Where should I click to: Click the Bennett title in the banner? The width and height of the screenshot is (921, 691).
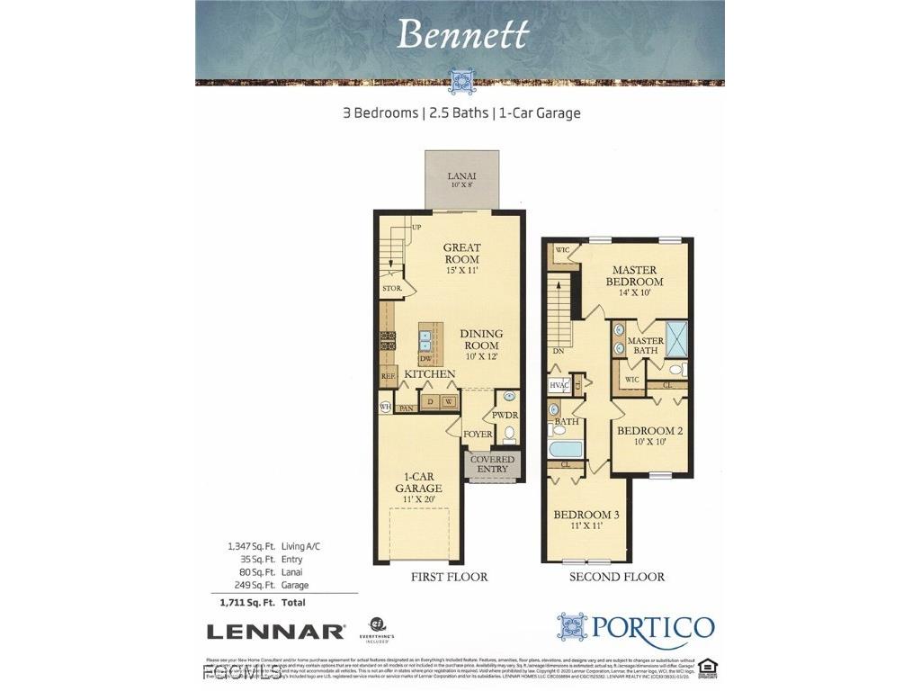click(x=463, y=34)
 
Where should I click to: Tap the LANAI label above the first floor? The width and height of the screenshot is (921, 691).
click(x=463, y=176)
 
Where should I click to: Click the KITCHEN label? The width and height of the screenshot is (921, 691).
click(x=429, y=373)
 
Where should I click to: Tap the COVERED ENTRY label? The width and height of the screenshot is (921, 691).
click(x=492, y=464)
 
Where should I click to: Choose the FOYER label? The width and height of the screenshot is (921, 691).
click(x=478, y=435)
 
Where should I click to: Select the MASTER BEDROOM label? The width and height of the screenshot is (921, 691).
click(x=634, y=275)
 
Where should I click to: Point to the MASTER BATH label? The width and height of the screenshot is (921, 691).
click(x=646, y=345)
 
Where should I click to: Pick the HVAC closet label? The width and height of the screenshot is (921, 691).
click(x=559, y=385)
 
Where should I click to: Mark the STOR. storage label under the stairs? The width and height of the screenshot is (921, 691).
click(x=392, y=289)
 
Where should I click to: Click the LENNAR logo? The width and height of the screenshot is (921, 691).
click(x=275, y=632)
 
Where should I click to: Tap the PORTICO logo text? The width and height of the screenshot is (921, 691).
click(x=654, y=626)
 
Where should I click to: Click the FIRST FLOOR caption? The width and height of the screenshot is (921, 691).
click(x=449, y=577)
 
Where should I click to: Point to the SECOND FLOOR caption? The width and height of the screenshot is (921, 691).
click(x=617, y=577)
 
